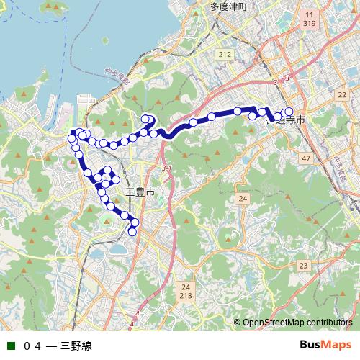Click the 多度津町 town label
pyautogui.click(x=229, y=6)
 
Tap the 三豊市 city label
pyautogui.click(x=140, y=192)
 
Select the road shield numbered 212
pyautogui.click(x=225, y=54)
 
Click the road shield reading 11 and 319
pyautogui.click(x=309, y=19)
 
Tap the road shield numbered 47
pyautogui.click(x=306, y=158)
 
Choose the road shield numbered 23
pyautogui.click(x=303, y=266)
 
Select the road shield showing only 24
pyautogui.click(x=243, y=198)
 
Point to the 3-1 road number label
pyautogui.click(x=168, y=168)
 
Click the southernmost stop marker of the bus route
pyautogui.click(x=132, y=231)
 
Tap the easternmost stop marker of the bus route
pyautogui.click(x=290, y=112)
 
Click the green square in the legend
pyautogui.click(x=9, y=346)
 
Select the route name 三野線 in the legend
pyautogui.click(x=76, y=346)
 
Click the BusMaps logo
pyautogui.click(x=325, y=345)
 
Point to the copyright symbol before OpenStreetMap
pyautogui.click(x=237, y=322)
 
